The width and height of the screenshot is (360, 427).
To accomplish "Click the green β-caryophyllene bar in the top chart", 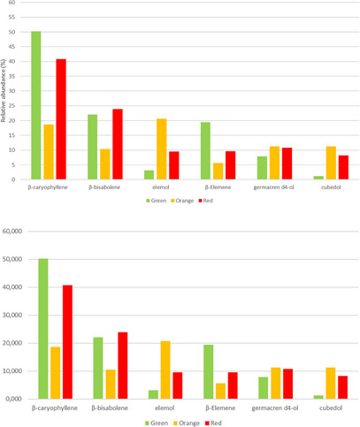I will [36, 106].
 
